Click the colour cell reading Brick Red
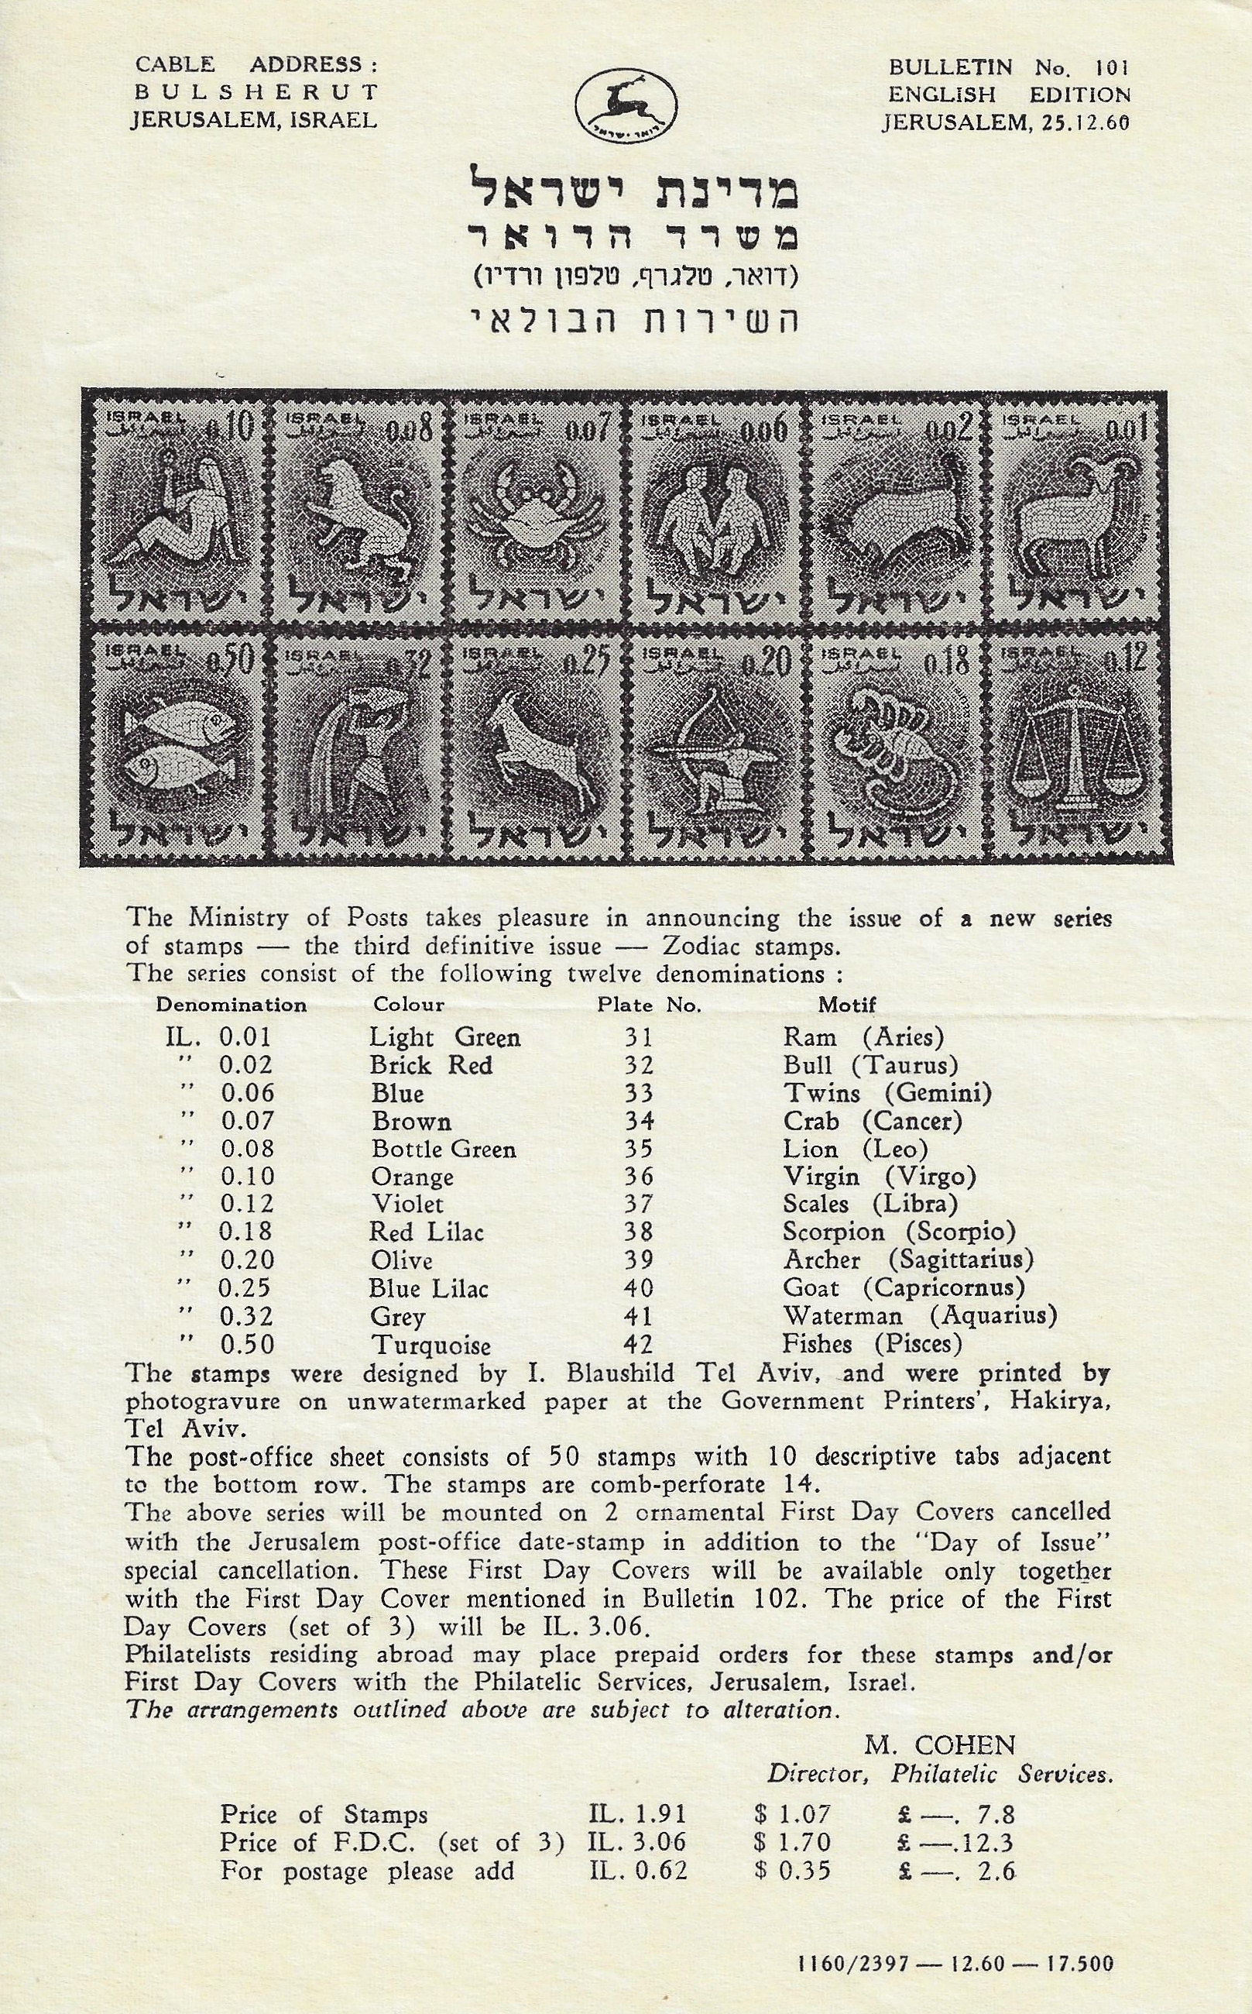click(x=430, y=1064)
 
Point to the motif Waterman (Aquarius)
click(x=920, y=1315)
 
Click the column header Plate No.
click(x=649, y=1005)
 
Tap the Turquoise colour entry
click(x=430, y=1345)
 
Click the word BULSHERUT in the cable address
click(x=254, y=92)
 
